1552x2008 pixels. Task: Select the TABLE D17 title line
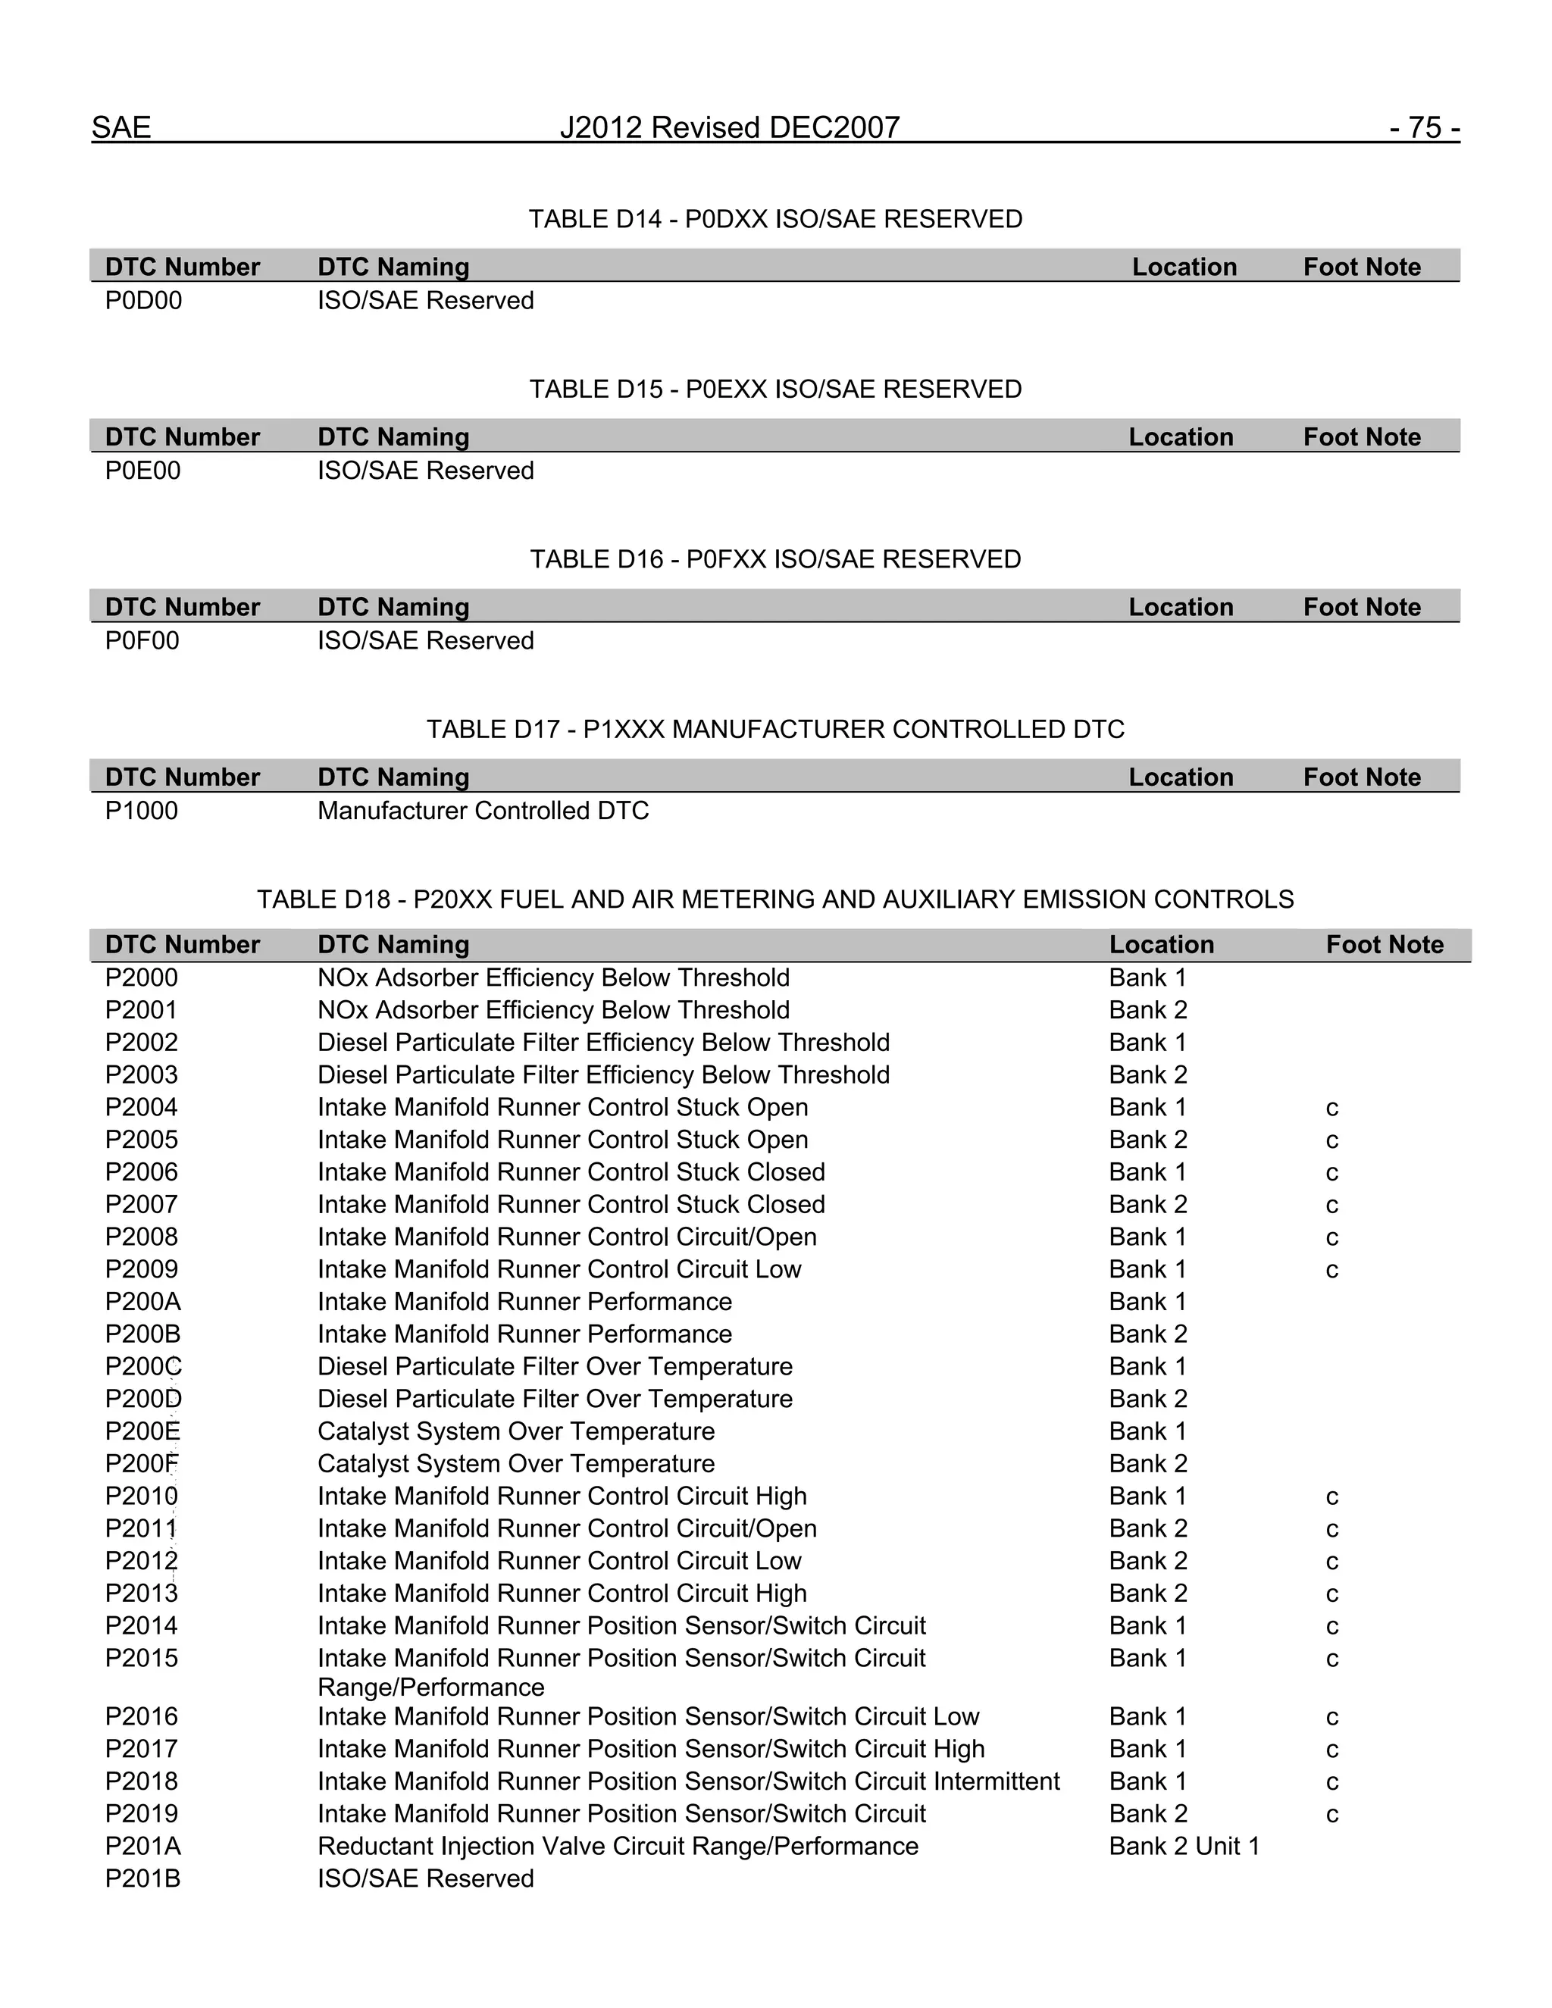click(775, 729)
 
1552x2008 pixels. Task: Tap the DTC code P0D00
click(143, 301)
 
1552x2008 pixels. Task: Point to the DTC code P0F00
click(142, 641)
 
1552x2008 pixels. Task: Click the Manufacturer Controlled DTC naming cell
click(483, 811)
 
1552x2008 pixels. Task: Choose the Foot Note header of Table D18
click(1384, 944)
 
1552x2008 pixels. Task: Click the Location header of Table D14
click(1184, 267)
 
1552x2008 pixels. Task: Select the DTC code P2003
click(142, 1074)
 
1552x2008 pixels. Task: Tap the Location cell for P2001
click(1147, 1010)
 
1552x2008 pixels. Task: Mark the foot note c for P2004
click(1331, 1108)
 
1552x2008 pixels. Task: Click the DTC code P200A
click(143, 1302)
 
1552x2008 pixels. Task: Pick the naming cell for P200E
click(516, 1431)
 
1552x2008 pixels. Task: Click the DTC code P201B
click(143, 1878)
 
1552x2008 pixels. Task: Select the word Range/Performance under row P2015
click(430, 1687)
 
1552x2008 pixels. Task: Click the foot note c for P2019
click(1331, 1815)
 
